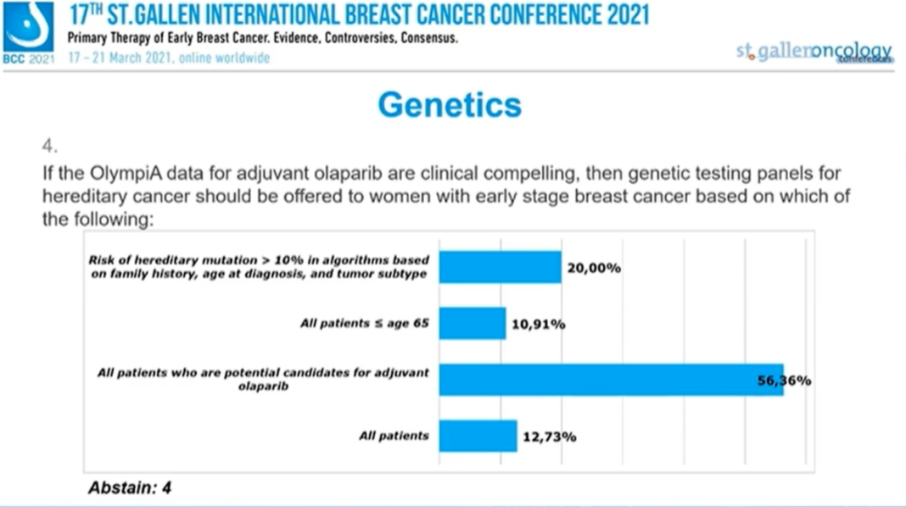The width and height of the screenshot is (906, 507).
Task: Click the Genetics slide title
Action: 450,105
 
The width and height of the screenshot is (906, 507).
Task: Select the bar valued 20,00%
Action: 500,268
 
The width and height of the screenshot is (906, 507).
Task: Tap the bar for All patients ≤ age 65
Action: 472,324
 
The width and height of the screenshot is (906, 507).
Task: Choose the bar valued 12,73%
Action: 478,437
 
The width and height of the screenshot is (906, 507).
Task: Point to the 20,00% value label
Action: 594,268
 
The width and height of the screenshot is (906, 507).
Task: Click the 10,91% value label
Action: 538,324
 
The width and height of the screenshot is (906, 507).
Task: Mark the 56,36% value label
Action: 784,381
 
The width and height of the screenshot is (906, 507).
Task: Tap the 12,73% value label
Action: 549,437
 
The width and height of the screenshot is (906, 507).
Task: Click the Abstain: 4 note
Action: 130,487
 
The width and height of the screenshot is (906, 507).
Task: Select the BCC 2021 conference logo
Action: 28,32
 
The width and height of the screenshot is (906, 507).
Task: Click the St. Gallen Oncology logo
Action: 814,52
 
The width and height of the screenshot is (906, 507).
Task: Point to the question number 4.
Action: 50,147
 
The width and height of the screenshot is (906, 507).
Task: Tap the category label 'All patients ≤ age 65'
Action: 365,324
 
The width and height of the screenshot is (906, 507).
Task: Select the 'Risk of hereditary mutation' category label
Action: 259,267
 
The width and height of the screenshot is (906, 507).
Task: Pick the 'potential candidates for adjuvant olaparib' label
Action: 263,379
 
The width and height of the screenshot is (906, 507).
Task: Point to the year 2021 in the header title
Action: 619,15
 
